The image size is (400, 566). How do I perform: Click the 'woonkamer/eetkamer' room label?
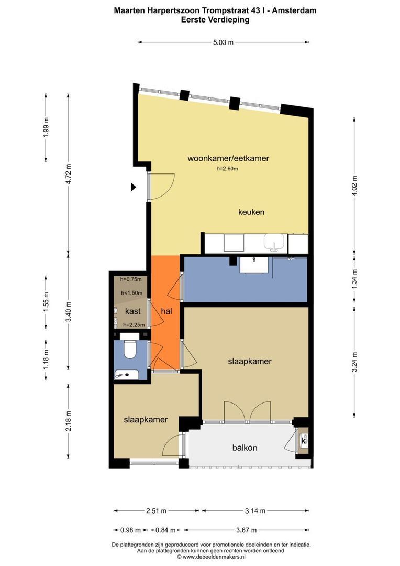click(228, 158)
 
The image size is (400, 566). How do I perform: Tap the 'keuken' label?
click(251, 212)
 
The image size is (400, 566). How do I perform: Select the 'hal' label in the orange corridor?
click(166, 311)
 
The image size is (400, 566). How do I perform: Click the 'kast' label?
click(133, 311)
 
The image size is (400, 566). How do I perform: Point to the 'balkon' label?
click(245, 448)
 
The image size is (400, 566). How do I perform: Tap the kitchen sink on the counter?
click(274, 242)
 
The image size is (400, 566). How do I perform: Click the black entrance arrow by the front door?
click(134, 187)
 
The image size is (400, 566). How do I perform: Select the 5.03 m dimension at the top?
click(223, 42)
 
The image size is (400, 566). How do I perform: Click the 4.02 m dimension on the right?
click(354, 186)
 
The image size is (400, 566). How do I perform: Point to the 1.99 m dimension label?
click(46, 128)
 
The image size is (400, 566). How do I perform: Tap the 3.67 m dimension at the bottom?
click(247, 530)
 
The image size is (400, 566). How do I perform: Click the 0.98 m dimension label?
click(130, 530)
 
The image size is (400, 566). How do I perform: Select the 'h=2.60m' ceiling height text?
click(227, 169)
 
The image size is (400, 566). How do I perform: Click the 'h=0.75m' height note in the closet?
click(131, 279)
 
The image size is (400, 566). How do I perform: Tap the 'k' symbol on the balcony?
click(303, 441)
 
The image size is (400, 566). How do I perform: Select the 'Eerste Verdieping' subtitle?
click(215, 19)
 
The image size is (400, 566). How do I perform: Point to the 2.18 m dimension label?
click(69, 421)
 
